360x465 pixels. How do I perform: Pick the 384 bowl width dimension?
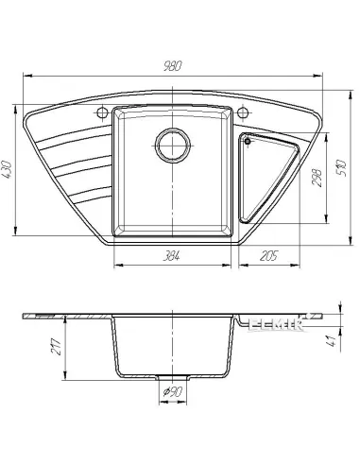click(x=171, y=256)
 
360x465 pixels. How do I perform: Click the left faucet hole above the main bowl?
click(x=99, y=114)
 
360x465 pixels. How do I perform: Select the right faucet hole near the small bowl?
click(x=245, y=114)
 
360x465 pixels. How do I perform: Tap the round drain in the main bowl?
click(x=172, y=145)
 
